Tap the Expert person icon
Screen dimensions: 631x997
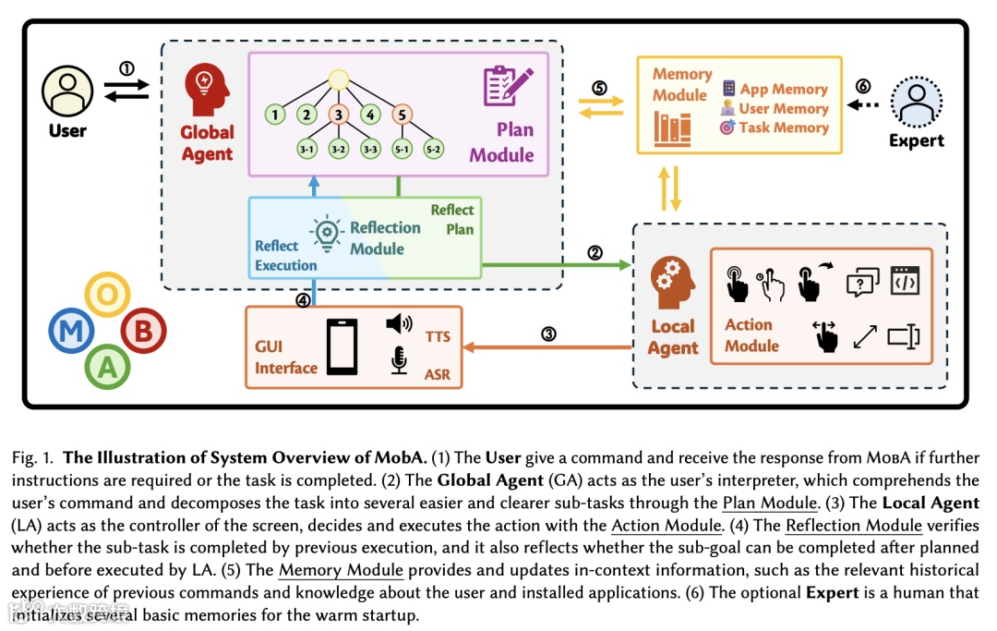[x=916, y=103]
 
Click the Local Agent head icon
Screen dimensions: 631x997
[x=672, y=282]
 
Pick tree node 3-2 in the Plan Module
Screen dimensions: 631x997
[x=339, y=148]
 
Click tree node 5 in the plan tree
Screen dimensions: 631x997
[x=402, y=115]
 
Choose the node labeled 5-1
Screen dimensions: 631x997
[x=402, y=148]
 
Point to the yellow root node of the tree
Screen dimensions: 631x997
[x=338, y=80]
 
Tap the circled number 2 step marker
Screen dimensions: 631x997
[x=595, y=252]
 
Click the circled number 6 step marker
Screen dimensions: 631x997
[x=863, y=85]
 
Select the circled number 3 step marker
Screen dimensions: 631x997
[x=548, y=334]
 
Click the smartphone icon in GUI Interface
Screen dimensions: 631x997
[x=342, y=346]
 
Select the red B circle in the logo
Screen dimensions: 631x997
[x=142, y=330]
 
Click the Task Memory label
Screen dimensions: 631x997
[x=783, y=128]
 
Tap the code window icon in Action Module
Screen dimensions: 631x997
[x=905, y=280]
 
